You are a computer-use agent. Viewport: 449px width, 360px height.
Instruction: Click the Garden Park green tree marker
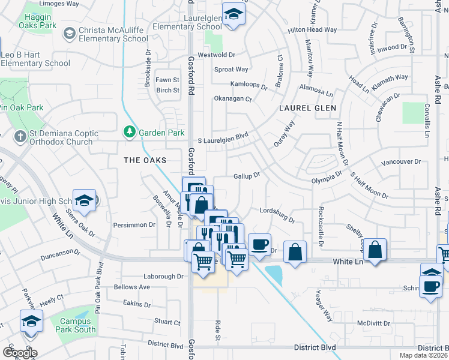tap(129, 131)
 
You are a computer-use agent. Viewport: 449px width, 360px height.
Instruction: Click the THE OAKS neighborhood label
tap(144, 160)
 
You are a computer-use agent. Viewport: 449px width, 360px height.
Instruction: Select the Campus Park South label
tap(77, 325)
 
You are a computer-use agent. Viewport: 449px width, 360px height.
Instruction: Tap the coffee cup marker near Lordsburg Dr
tap(259, 244)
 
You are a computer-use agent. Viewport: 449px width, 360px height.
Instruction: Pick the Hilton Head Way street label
tap(312, 30)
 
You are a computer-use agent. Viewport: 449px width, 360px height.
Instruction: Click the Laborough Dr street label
tap(163, 277)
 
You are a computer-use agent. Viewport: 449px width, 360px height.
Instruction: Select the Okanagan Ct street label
tap(233, 98)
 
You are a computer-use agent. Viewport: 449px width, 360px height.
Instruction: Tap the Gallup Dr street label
tap(246, 176)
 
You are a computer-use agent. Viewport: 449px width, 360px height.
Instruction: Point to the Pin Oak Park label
tap(22, 107)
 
